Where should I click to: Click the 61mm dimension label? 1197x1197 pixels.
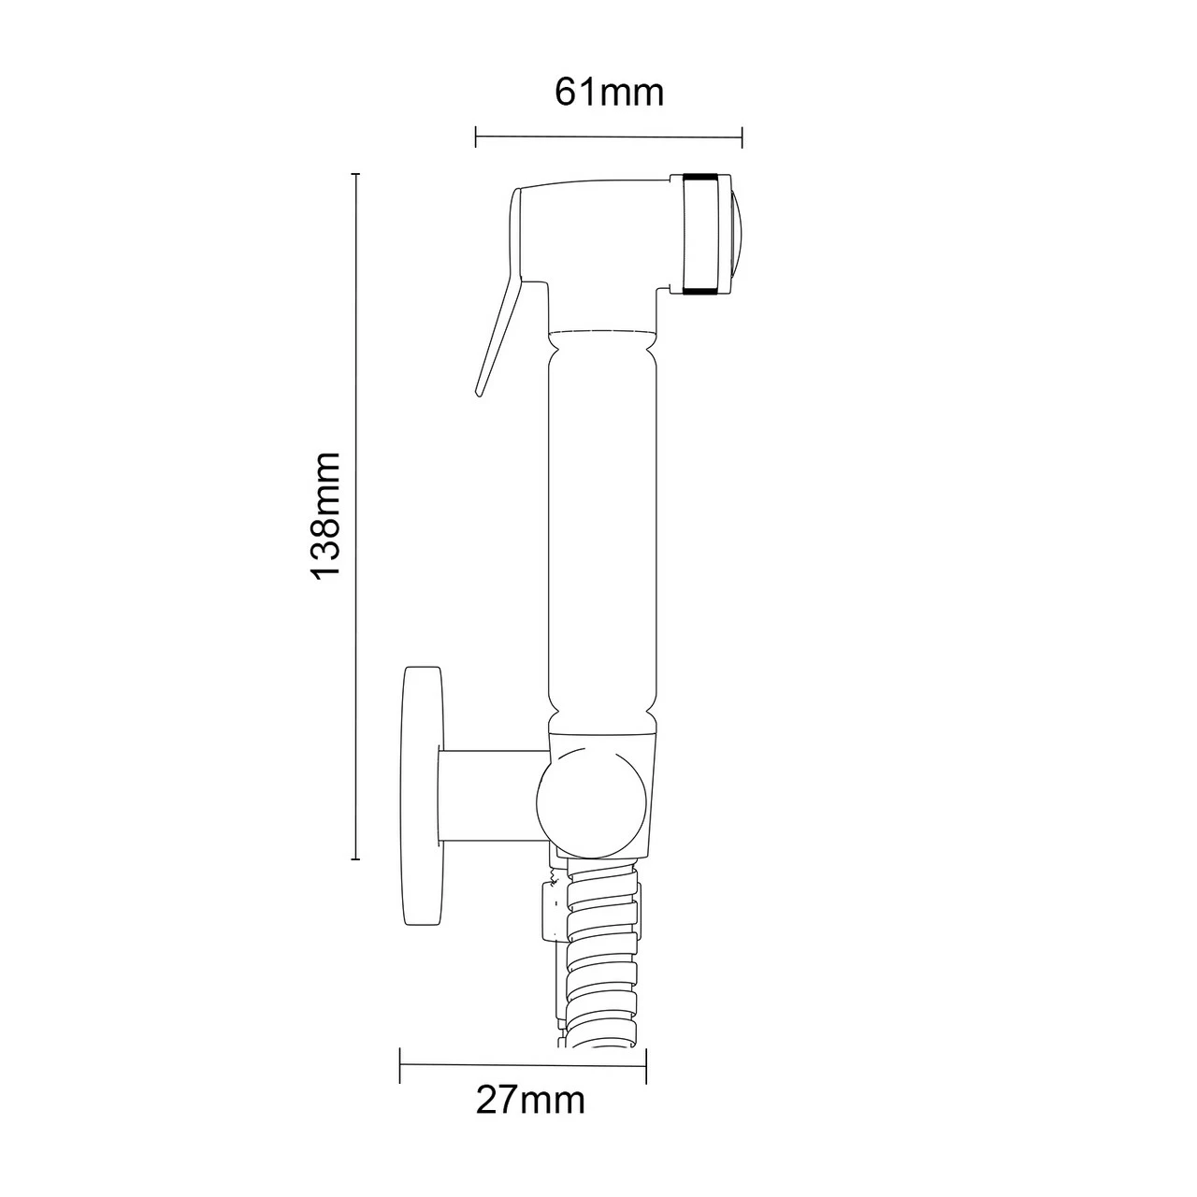[609, 93]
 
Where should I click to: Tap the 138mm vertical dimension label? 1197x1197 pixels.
[325, 515]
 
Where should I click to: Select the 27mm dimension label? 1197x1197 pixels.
[530, 1100]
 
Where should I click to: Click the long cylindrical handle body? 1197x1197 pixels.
[603, 524]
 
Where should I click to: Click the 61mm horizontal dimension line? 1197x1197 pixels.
[609, 138]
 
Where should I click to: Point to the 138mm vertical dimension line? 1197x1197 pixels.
[355, 515]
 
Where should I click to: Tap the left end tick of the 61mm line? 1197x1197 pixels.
[477, 138]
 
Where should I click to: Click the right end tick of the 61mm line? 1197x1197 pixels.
[742, 138]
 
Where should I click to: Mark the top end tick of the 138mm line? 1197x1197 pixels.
[355, 174]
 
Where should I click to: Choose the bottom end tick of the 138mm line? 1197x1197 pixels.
[355, 858]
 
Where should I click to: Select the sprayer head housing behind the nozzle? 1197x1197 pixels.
[598, 234]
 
